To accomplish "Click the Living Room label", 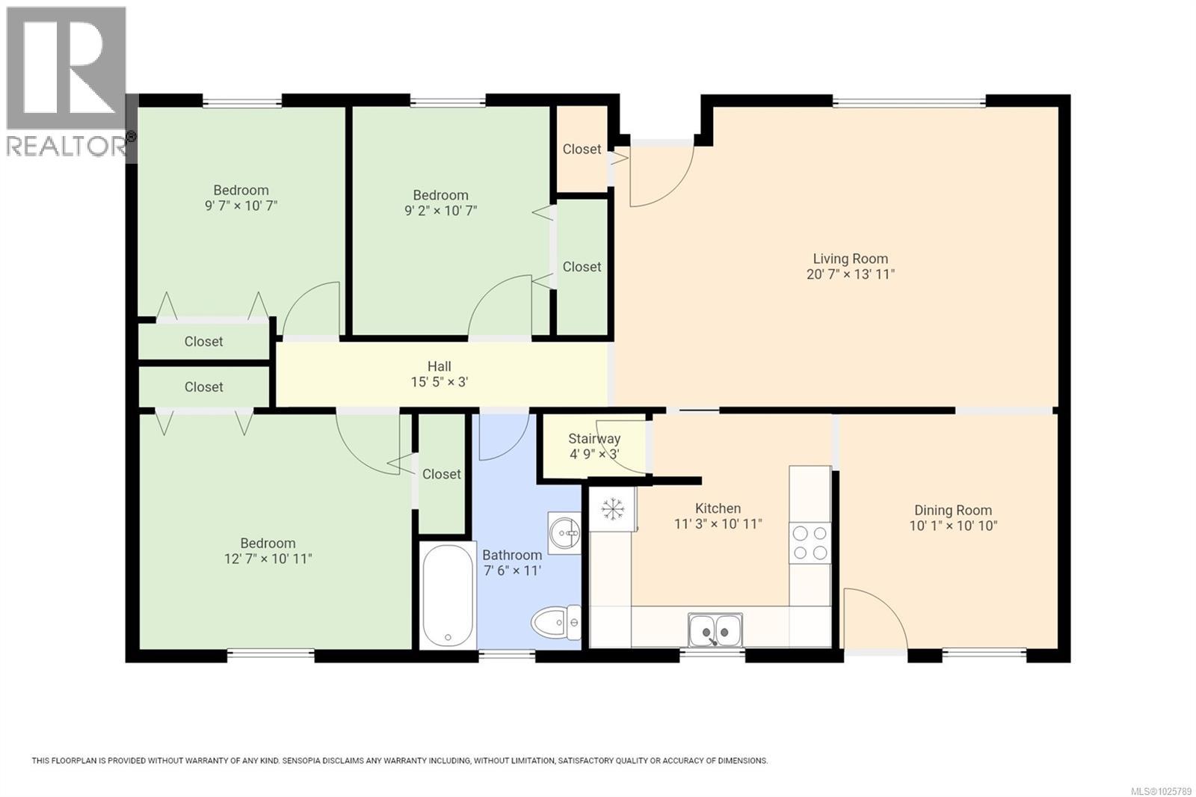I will (x=850, y=259).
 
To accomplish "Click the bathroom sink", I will (x=564, y=533).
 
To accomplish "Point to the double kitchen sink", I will (x=715, y=630).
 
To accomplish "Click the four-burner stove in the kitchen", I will (x=810, y=543).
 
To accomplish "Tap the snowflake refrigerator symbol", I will (x=613, y=509).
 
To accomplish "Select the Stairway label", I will (x=594, y=439).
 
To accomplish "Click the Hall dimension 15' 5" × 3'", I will (x=440, y=382).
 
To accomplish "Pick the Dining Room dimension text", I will (x=953, y=526).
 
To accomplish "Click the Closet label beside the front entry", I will (x=582, y=149).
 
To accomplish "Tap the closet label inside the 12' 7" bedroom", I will (x=441, y=474).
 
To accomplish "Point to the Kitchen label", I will (x=718, y=508).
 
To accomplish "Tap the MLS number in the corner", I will (x=1162, y=791).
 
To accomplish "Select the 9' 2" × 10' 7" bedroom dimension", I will (x=441, y=211).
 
